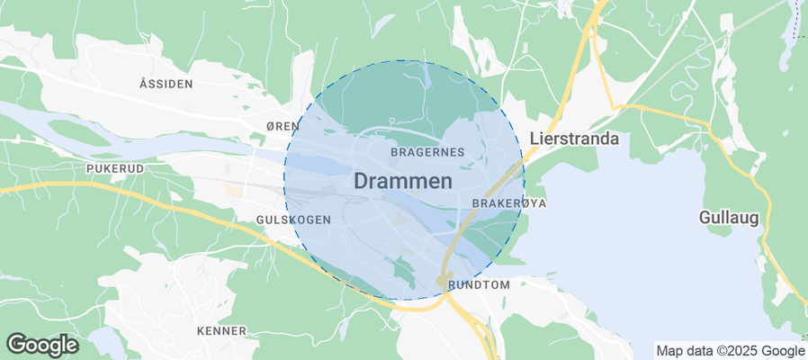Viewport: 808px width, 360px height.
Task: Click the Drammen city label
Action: click(x=402, y=181)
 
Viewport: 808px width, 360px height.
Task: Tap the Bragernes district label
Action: click(x=428, y=152)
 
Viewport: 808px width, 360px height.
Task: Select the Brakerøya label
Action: click(x=508, y=203)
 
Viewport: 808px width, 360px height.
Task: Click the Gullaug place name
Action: click(x=730, y=218)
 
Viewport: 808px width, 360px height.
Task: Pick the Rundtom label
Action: click(x=479, y=284)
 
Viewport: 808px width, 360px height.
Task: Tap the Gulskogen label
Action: click(x=293, y=220)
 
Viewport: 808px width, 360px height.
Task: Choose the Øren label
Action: click(x=283, y=127)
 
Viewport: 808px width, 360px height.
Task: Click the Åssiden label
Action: click(x=166, y=84)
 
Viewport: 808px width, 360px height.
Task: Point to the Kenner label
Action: click(x=221, y=331)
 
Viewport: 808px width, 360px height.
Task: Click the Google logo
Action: click(x=42, y=345)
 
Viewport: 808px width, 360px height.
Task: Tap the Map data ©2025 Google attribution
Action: click(x=730, y=351)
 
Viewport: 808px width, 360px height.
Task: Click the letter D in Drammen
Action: click(x=361, y=181)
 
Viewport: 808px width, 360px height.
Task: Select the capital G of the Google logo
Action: click(x=15, y=344)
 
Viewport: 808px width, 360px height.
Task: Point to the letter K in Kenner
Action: click(x=201, y=331)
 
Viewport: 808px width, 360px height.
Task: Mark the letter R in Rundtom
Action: click(x=451, y=284)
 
